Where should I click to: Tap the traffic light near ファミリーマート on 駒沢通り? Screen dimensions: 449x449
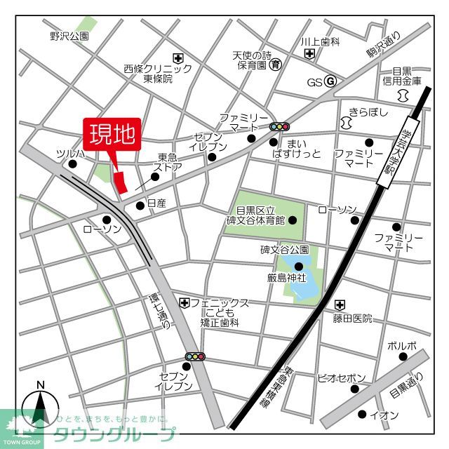pos(279,127)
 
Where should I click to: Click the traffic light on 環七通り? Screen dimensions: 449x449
pos(195,357)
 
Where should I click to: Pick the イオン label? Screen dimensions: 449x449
pos(384,415)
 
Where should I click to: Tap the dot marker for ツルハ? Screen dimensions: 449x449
pos(72,164)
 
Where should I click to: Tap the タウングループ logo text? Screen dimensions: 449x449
pos(115,434)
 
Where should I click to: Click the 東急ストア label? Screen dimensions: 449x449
pos(170,162)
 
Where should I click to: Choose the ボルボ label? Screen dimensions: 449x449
pos(402,345)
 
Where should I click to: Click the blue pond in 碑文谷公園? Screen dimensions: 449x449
pos(300,277)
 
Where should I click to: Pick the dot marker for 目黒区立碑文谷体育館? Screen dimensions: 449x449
pos(293,220)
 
